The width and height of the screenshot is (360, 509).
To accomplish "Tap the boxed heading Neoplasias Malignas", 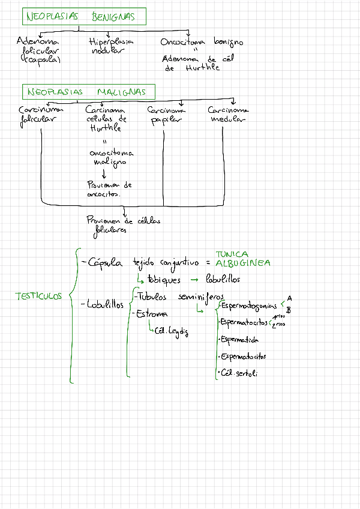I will [88, 92].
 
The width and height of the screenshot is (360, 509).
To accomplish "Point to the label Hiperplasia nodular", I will [111, 46].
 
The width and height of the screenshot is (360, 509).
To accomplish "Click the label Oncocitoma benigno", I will [202, 43].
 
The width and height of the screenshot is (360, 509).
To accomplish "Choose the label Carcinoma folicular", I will [40, 115].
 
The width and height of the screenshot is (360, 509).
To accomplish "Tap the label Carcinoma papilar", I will [166, 115].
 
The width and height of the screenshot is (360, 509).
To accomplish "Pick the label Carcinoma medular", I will [228, 114].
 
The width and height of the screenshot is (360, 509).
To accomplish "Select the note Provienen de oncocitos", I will [109, 190].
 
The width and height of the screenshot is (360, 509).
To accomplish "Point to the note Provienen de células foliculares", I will [123, 224].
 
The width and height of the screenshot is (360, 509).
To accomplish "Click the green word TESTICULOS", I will [38, 296].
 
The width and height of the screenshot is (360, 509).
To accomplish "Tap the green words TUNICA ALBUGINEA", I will [242, 259].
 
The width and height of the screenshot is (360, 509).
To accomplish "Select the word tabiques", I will [164, 280].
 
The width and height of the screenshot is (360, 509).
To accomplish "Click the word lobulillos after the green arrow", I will [223, 280].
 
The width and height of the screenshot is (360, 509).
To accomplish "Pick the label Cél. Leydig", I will [172, 330].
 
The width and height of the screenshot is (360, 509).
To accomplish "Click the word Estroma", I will [152, 314].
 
